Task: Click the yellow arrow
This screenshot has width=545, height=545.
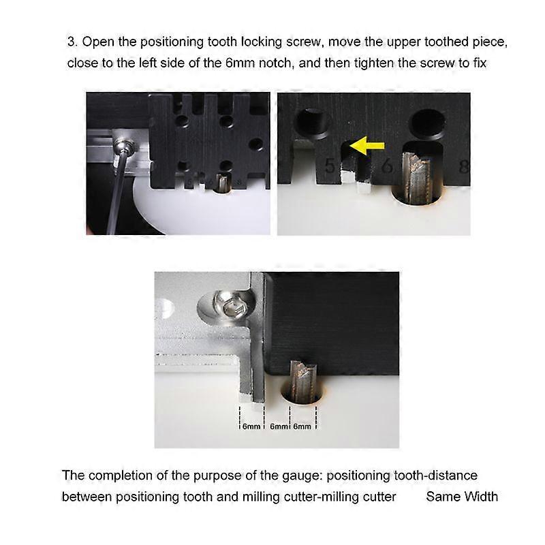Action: coord(367,145)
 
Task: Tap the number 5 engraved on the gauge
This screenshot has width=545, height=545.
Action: coord(330,166)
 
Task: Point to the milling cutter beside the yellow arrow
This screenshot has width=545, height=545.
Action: coord(418,178)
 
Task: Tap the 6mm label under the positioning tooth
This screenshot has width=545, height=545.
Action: coord(251,426)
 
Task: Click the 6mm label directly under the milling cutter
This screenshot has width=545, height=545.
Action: coord(302,426)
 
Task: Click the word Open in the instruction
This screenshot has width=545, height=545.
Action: coord(98,42)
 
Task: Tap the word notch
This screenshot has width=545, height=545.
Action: coord(275,63)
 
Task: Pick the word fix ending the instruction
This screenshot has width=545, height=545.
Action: coord(480,63)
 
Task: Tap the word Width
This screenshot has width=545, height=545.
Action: coord(481,497)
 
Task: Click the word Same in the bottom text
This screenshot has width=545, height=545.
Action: coord(443,497)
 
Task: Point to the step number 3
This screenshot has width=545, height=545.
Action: coord(72,42)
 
